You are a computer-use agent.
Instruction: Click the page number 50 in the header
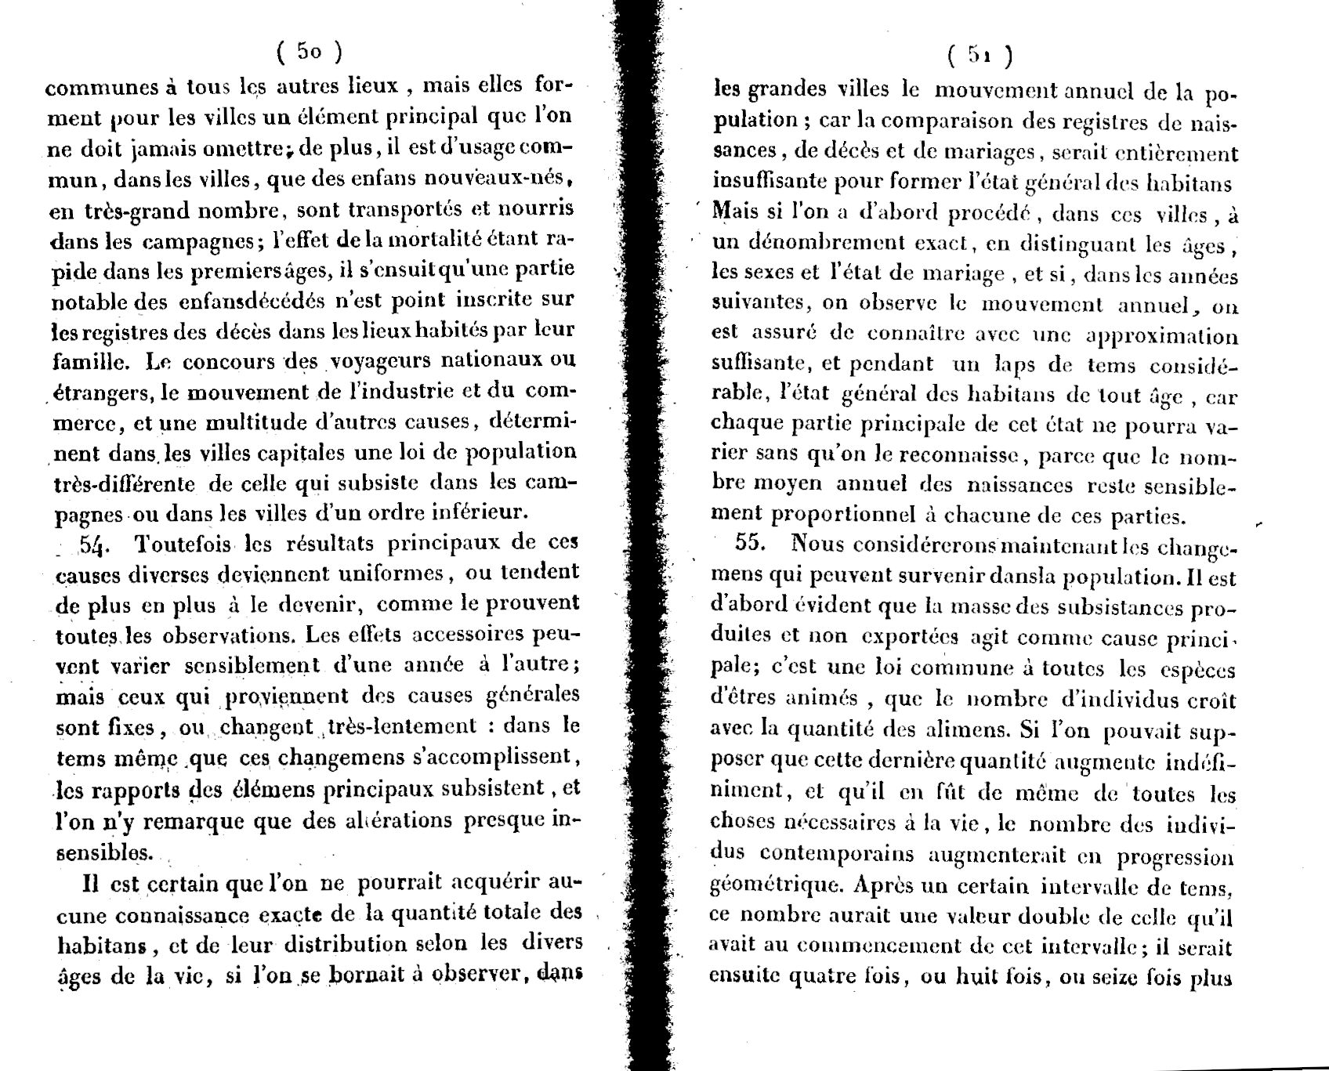coord(309,52)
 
